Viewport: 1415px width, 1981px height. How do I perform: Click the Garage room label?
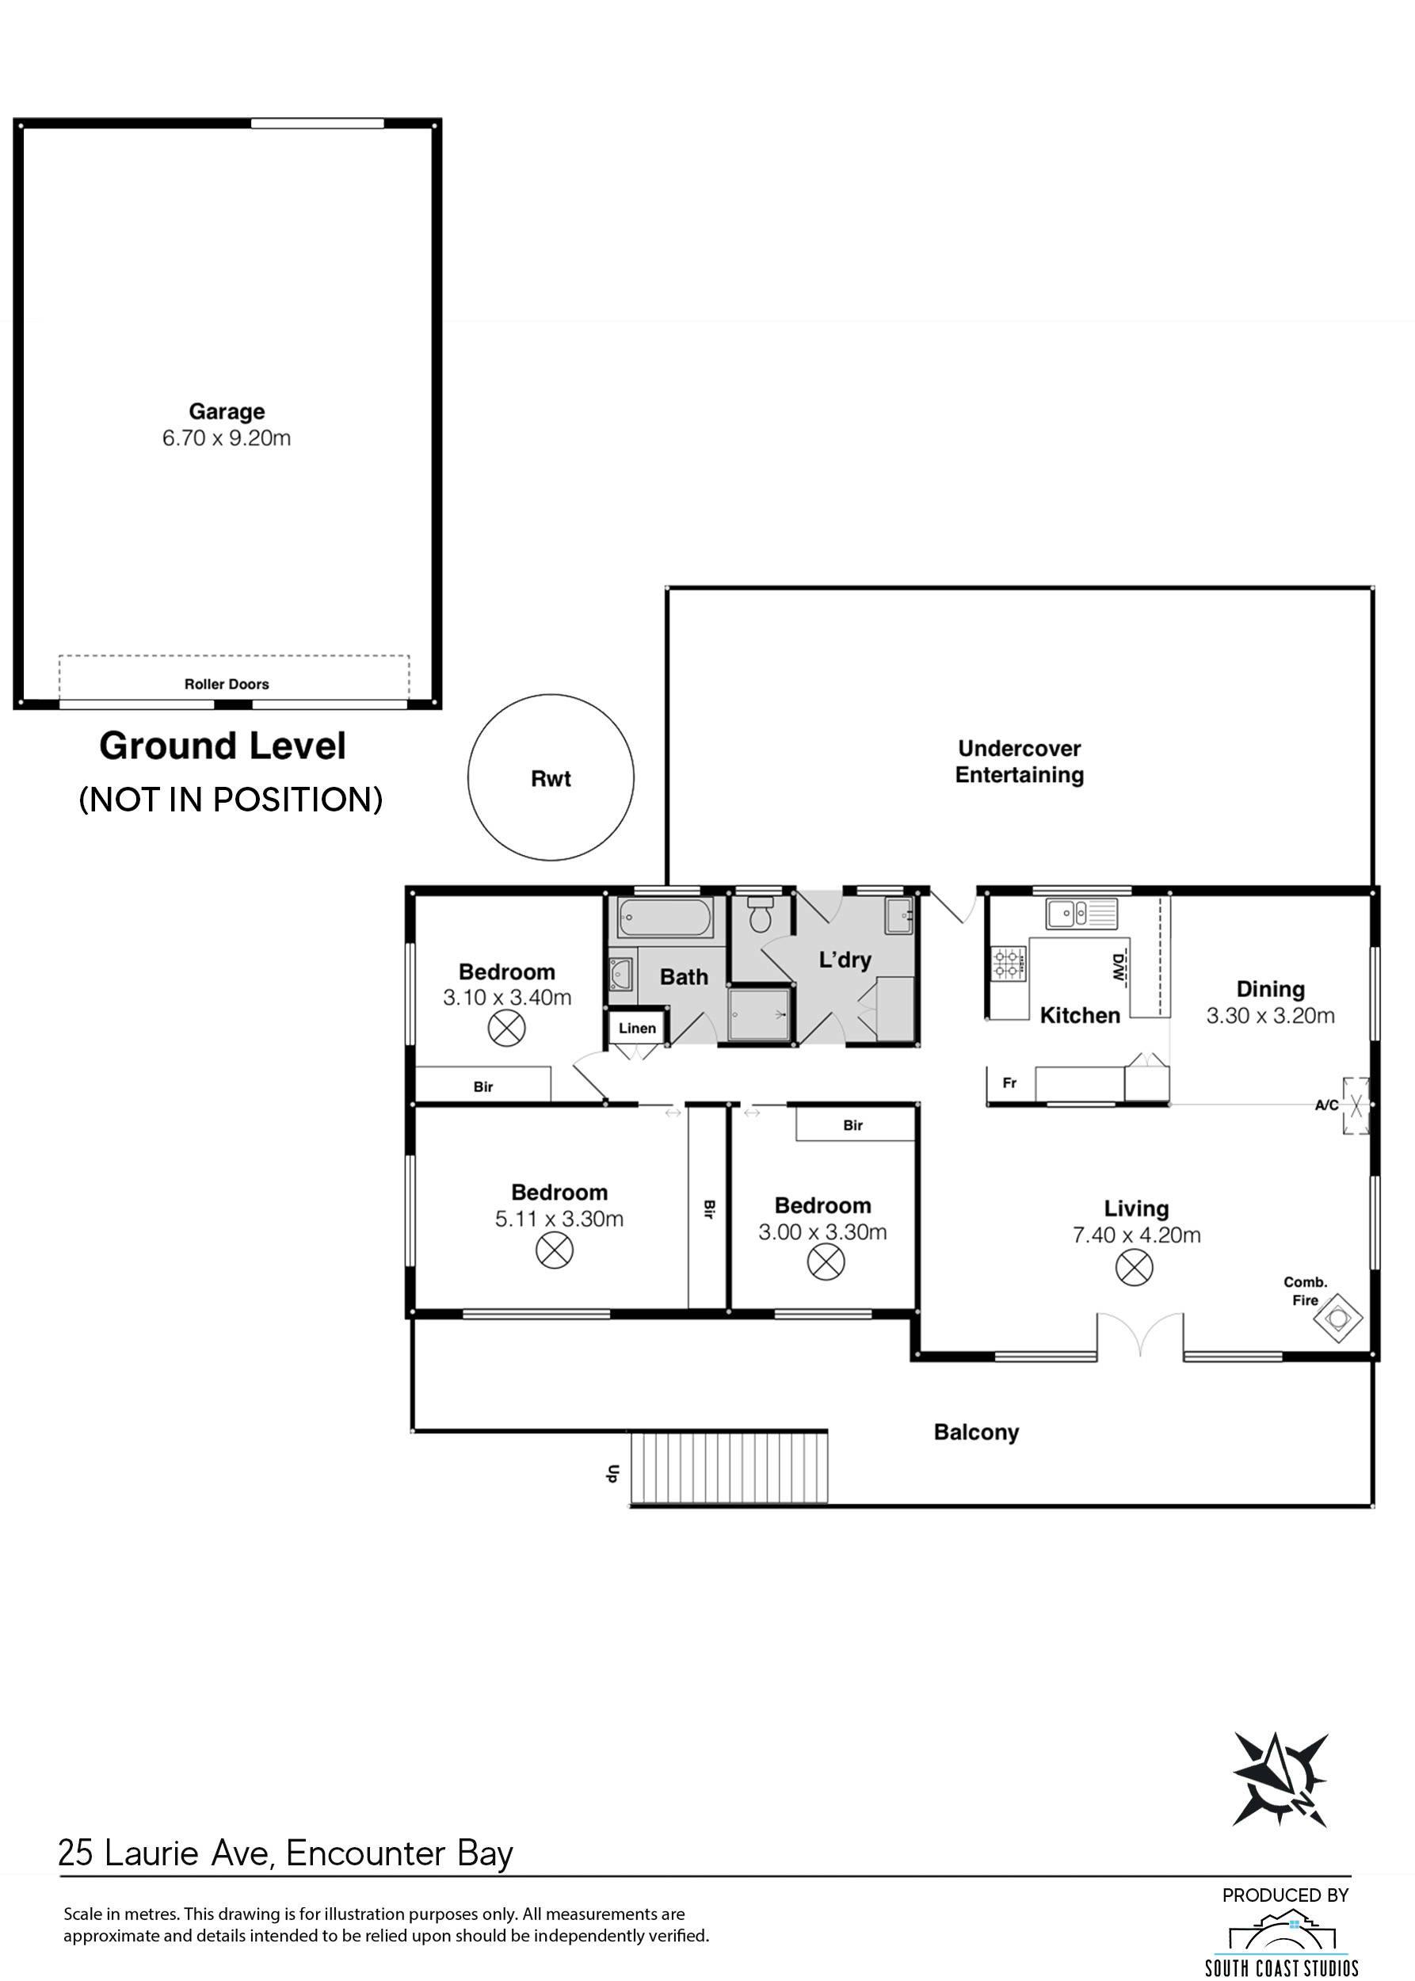227,411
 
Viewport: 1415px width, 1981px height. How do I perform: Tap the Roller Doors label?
227,684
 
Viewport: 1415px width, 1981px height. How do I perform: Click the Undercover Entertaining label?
1020,761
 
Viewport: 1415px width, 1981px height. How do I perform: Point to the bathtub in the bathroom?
666,918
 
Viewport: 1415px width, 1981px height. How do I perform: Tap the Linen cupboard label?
637,1029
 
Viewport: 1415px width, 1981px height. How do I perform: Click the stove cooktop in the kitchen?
1007,963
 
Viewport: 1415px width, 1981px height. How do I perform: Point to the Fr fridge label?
1010,1083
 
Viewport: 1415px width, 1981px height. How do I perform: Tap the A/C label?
1326,1105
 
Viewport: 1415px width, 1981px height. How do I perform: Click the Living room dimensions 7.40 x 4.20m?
1136,1235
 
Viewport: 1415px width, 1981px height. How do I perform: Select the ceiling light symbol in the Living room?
1135,1267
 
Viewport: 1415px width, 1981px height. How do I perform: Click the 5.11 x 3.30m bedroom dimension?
559,1220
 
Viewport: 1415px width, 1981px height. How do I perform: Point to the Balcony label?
976,1433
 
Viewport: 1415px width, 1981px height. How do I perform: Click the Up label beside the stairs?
612,1474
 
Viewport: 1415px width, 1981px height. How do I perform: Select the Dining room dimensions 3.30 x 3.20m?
1270,1015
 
